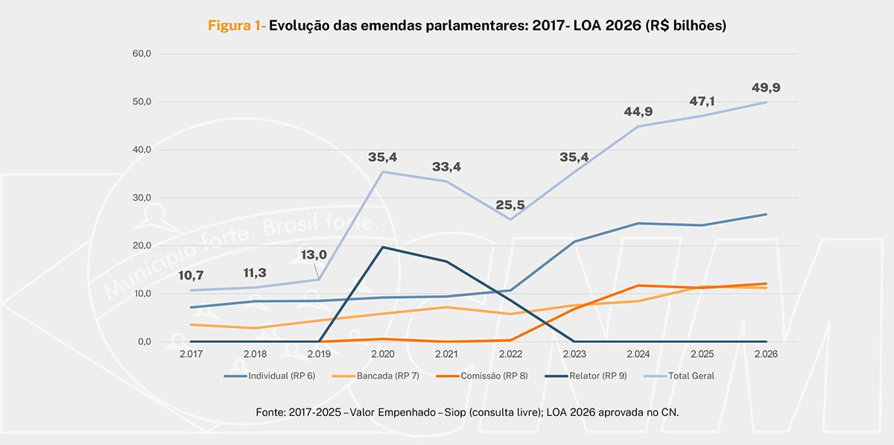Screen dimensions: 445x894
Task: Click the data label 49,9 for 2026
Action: pos(766,88)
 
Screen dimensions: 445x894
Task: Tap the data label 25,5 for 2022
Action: pos(510,204)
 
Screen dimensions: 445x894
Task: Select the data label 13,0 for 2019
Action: pos(314,254)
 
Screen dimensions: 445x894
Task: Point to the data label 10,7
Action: pos(191,276)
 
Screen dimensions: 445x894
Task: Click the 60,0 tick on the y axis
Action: pos(142,54)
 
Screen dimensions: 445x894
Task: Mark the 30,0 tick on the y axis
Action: pos(142,198)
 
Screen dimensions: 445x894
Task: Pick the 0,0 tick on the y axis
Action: pos(144,342)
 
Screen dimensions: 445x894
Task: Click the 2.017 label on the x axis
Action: pos(191,354)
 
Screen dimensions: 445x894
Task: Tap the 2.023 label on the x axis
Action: pos(574,354)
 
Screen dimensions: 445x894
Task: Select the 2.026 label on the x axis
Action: pos(766,354)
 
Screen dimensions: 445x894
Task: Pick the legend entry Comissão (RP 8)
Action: pos(492,376)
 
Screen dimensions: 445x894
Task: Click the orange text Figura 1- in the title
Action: pos(236,26)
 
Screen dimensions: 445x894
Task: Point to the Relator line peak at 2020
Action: pos(383,247)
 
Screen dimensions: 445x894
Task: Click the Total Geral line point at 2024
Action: pos(638,126)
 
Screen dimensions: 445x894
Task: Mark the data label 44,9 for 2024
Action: pos(638,112)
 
